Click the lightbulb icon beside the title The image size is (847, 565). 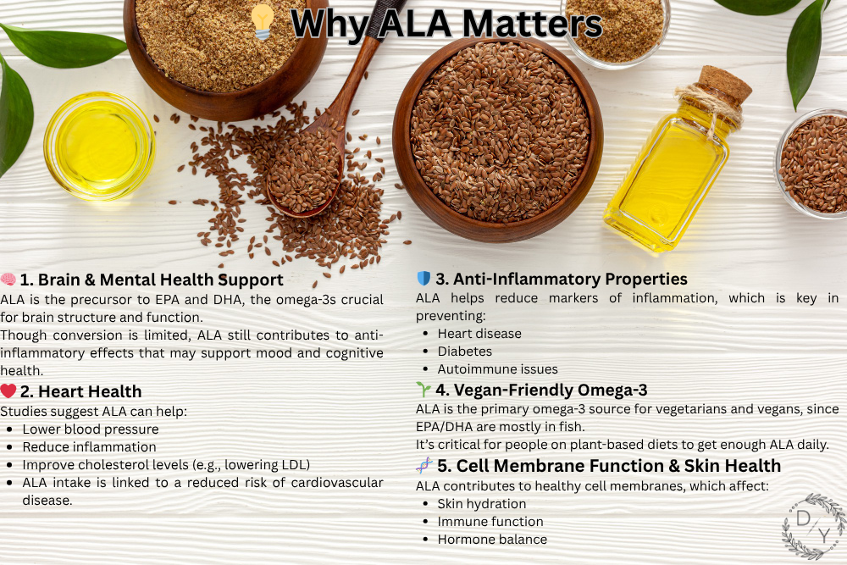(x=263, y=22)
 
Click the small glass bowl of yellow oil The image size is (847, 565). (x=99, y=146)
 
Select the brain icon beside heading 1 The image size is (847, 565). (x=8, y=280)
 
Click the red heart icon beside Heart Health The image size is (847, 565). (x=8, y=391)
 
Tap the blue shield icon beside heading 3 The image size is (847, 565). (x=423, y=278)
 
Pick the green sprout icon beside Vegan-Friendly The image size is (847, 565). (x=423, y=389)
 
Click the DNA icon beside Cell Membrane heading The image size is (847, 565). (x=424, y=465)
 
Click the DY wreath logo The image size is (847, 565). (x=814, y=525)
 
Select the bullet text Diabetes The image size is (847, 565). (x=464, y=351)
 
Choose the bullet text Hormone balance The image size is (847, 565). (x=492, y=539)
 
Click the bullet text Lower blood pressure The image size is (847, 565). (x=91, y=429)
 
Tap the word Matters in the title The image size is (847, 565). (x=532, y=24)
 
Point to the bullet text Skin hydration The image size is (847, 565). (x=482, y=503)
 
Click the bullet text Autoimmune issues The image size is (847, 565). (x=497, y=369)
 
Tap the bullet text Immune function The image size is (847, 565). (x=490, y=521)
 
